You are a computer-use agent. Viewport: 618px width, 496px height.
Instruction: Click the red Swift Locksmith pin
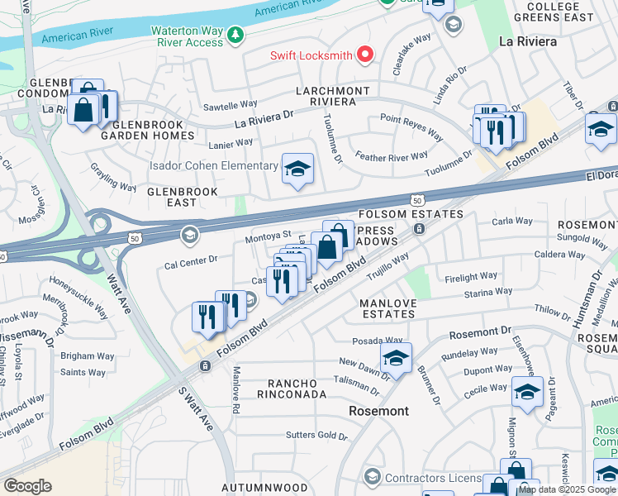coord(364,56)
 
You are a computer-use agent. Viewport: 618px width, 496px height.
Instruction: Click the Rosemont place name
coord(378,411)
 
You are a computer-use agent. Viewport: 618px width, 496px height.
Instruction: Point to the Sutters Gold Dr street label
coord(316,435)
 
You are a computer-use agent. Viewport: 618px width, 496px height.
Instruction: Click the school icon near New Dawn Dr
coord(396,358)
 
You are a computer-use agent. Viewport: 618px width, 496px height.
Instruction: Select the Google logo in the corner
coord(27,486)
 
